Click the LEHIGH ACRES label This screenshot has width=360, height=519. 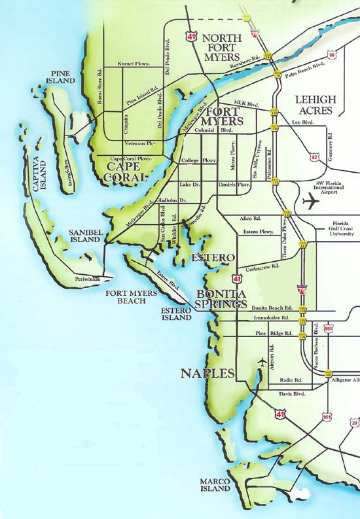coord(315,105)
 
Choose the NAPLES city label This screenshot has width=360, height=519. coord(206,374)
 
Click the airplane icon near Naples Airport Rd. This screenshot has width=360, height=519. coord(262,362)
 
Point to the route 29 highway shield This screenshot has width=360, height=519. coord(354,424)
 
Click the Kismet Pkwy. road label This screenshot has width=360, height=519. coord(134,63)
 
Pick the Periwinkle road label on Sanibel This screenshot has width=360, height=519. coord(88,278)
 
